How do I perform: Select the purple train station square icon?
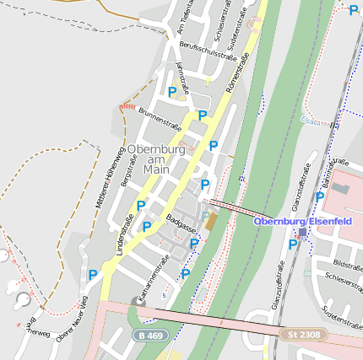tap(303, 233)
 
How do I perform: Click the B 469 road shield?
tap(151, 336)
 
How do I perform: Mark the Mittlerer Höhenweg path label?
tap(110, 175)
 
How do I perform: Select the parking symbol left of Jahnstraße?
tap(172, 92)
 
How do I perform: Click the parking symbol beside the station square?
tap(293, 244)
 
